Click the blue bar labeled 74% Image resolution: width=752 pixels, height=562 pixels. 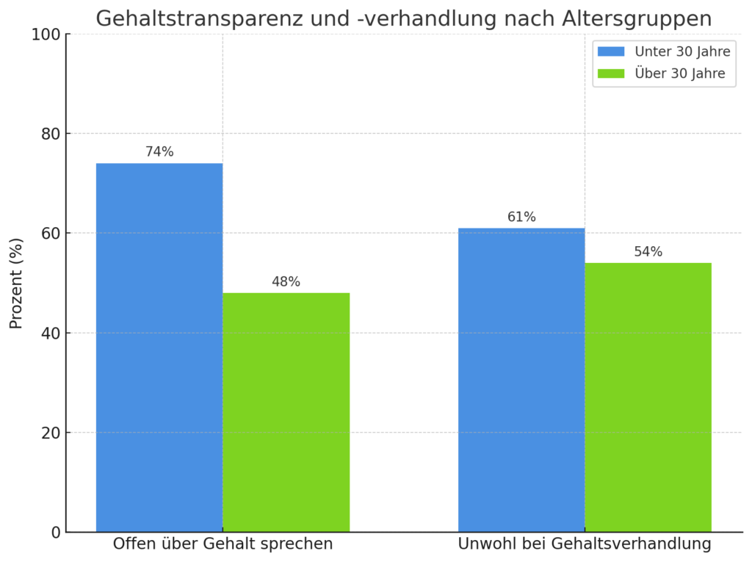tap(159, 347)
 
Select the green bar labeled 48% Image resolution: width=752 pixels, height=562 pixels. tap(286, 412)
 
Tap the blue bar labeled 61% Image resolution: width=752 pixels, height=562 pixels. tap(521, 380)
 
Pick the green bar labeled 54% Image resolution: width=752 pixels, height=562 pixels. tap(648, 397)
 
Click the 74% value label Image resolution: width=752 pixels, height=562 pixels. tap(159, 152)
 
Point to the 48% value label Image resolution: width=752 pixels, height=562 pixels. tap(286, 282)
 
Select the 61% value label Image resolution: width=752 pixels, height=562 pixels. tap(521, 217)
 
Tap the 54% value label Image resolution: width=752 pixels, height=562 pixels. tap(648, 252)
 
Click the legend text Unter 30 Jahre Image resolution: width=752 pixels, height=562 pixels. tap(682, 51)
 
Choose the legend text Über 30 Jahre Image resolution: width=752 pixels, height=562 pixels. tap(679, 73)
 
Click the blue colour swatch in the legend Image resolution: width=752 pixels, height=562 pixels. tap(610, 51)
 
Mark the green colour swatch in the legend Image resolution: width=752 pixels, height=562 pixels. tap(610, 73)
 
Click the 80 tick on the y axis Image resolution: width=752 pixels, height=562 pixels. tap(50, 134)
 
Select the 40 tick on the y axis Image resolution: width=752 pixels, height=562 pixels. tap(50, 333)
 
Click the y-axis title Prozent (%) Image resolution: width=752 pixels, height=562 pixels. tap(16, 283)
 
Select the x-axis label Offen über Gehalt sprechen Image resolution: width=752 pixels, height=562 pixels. tap(223, 544)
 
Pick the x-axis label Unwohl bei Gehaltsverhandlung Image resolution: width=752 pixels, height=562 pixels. tap(585, 544)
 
